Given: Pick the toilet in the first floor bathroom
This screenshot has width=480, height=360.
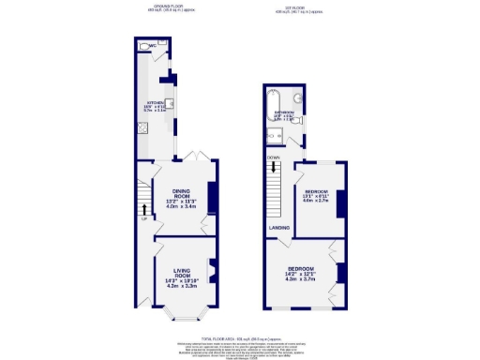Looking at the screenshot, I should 293,141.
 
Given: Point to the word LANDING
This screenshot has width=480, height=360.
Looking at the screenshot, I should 278,228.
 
